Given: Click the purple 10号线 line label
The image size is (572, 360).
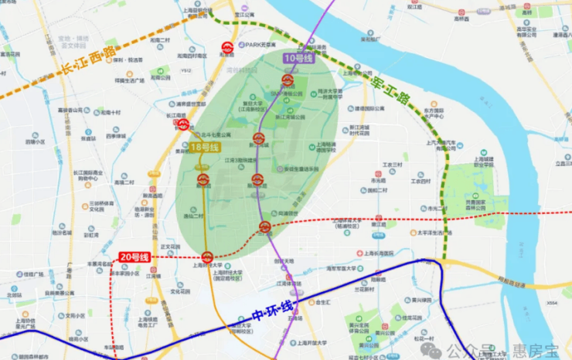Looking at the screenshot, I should pyautogui.click(x=298, y=59).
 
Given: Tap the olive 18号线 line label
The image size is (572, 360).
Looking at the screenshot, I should pyautogui.click(x=206, y=147).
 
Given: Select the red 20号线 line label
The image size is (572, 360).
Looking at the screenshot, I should pyautogui.click(x=135, y=256).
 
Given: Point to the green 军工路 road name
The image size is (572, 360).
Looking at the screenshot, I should pyautogui.click(x=391, y=87).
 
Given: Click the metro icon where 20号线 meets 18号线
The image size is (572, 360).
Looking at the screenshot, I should pyautogui.click(x=207, y=256).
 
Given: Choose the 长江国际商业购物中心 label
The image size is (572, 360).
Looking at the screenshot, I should pyautogui.click(x=91, y=175).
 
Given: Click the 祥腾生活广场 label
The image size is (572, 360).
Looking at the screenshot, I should pyautogui.click(x=130, y=80).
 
